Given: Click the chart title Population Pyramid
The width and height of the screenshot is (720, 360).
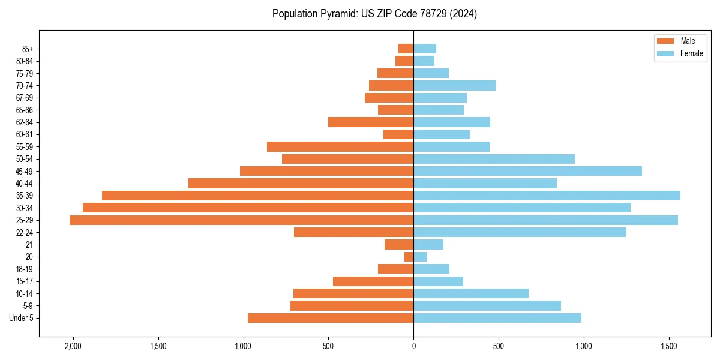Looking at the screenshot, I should point(374,14).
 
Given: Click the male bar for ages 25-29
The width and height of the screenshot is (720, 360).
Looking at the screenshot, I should point(241,220).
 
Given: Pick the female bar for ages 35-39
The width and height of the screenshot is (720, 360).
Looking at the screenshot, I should point(547,196).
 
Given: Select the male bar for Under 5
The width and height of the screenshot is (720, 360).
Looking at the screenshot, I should point(331,318).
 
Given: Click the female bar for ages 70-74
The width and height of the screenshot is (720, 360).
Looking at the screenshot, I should point(454,85).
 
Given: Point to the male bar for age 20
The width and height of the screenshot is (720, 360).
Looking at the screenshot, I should point(409,257).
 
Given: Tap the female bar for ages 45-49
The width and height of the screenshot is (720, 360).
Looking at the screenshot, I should point(527,171).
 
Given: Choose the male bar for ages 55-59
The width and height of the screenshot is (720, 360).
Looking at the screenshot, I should point(340,146).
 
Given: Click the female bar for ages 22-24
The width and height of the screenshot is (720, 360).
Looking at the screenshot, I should point(520,232).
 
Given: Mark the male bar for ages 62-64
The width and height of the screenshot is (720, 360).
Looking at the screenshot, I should point(371,122).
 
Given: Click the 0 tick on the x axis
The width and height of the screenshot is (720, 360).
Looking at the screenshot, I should point(413,346).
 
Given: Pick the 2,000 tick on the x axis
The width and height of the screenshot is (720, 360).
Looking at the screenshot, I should point(73,346).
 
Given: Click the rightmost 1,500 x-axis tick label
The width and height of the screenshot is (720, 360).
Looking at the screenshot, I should point(669,346).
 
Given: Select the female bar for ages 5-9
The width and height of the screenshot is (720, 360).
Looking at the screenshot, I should point(487,305).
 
